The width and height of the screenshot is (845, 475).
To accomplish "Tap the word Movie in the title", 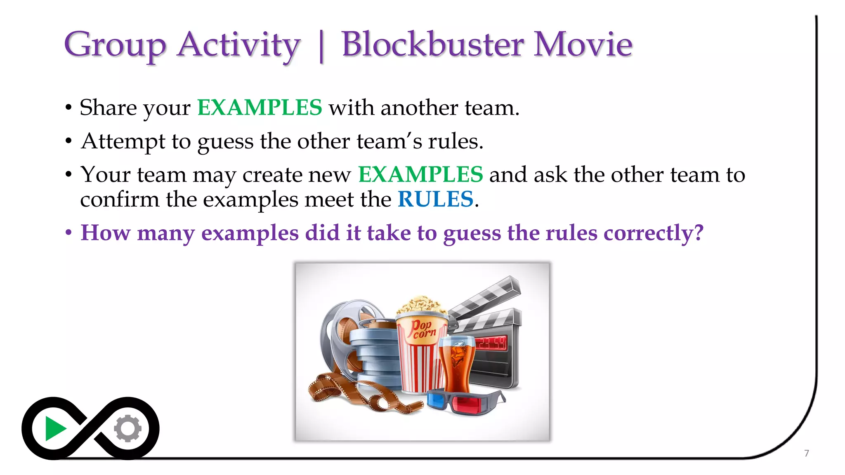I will [x=583, y=44].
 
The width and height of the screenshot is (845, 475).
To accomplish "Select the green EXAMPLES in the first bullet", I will [x=259, y=108].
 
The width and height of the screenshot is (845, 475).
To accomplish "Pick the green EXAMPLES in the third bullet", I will [x=420, y=174].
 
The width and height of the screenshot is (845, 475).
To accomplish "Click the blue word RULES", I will [x=435, y=200].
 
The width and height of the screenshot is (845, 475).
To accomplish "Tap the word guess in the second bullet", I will [x=225, y=142].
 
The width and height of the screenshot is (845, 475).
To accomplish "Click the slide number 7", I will [x=806, y=453].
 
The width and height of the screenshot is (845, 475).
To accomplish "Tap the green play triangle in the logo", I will [x=54, y=429].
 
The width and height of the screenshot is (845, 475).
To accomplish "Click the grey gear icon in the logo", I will [x=127, y=429].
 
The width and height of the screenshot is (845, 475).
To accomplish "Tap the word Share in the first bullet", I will [x=108, y=108].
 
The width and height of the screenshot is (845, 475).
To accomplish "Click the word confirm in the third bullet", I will [x=120, y=200].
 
